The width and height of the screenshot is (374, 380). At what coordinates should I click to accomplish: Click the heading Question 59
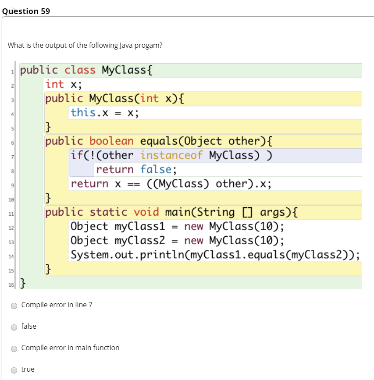pyautogui.click(x=26, y=11)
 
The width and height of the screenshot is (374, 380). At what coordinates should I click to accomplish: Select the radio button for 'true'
pyautogui.click(x=14, y=369)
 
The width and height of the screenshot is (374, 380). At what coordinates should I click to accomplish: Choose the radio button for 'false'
pyautogui.click(x=14, y=327)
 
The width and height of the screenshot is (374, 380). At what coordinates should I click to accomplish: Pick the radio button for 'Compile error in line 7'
pyautogui.click(x=14, y=305)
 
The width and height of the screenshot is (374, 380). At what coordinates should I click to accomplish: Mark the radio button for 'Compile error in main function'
pyautogui.click(x=14, y=348)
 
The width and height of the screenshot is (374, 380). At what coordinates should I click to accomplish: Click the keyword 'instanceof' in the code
pyautogui.click(x=171, y=155)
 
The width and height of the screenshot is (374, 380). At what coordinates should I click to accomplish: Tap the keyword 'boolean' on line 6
pyautogui.click(x=111, y=141)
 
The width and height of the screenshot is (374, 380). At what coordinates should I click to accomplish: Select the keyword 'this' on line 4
pyautogui.click(x=83, y=113)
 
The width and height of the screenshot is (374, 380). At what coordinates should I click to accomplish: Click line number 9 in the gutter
pyautogui.click(x=12, y=185)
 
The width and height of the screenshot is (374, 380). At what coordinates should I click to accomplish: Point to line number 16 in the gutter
pyautogui.click(x=11, y=285)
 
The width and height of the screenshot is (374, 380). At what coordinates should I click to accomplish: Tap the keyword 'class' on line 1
pyautogui.click(x=80, y=70)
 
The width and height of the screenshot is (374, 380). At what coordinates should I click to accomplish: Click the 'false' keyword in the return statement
pyautogui.click(x=156, y=169)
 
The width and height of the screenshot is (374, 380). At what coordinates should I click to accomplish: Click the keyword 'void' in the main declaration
pyautogui.click(x=146, y=212)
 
